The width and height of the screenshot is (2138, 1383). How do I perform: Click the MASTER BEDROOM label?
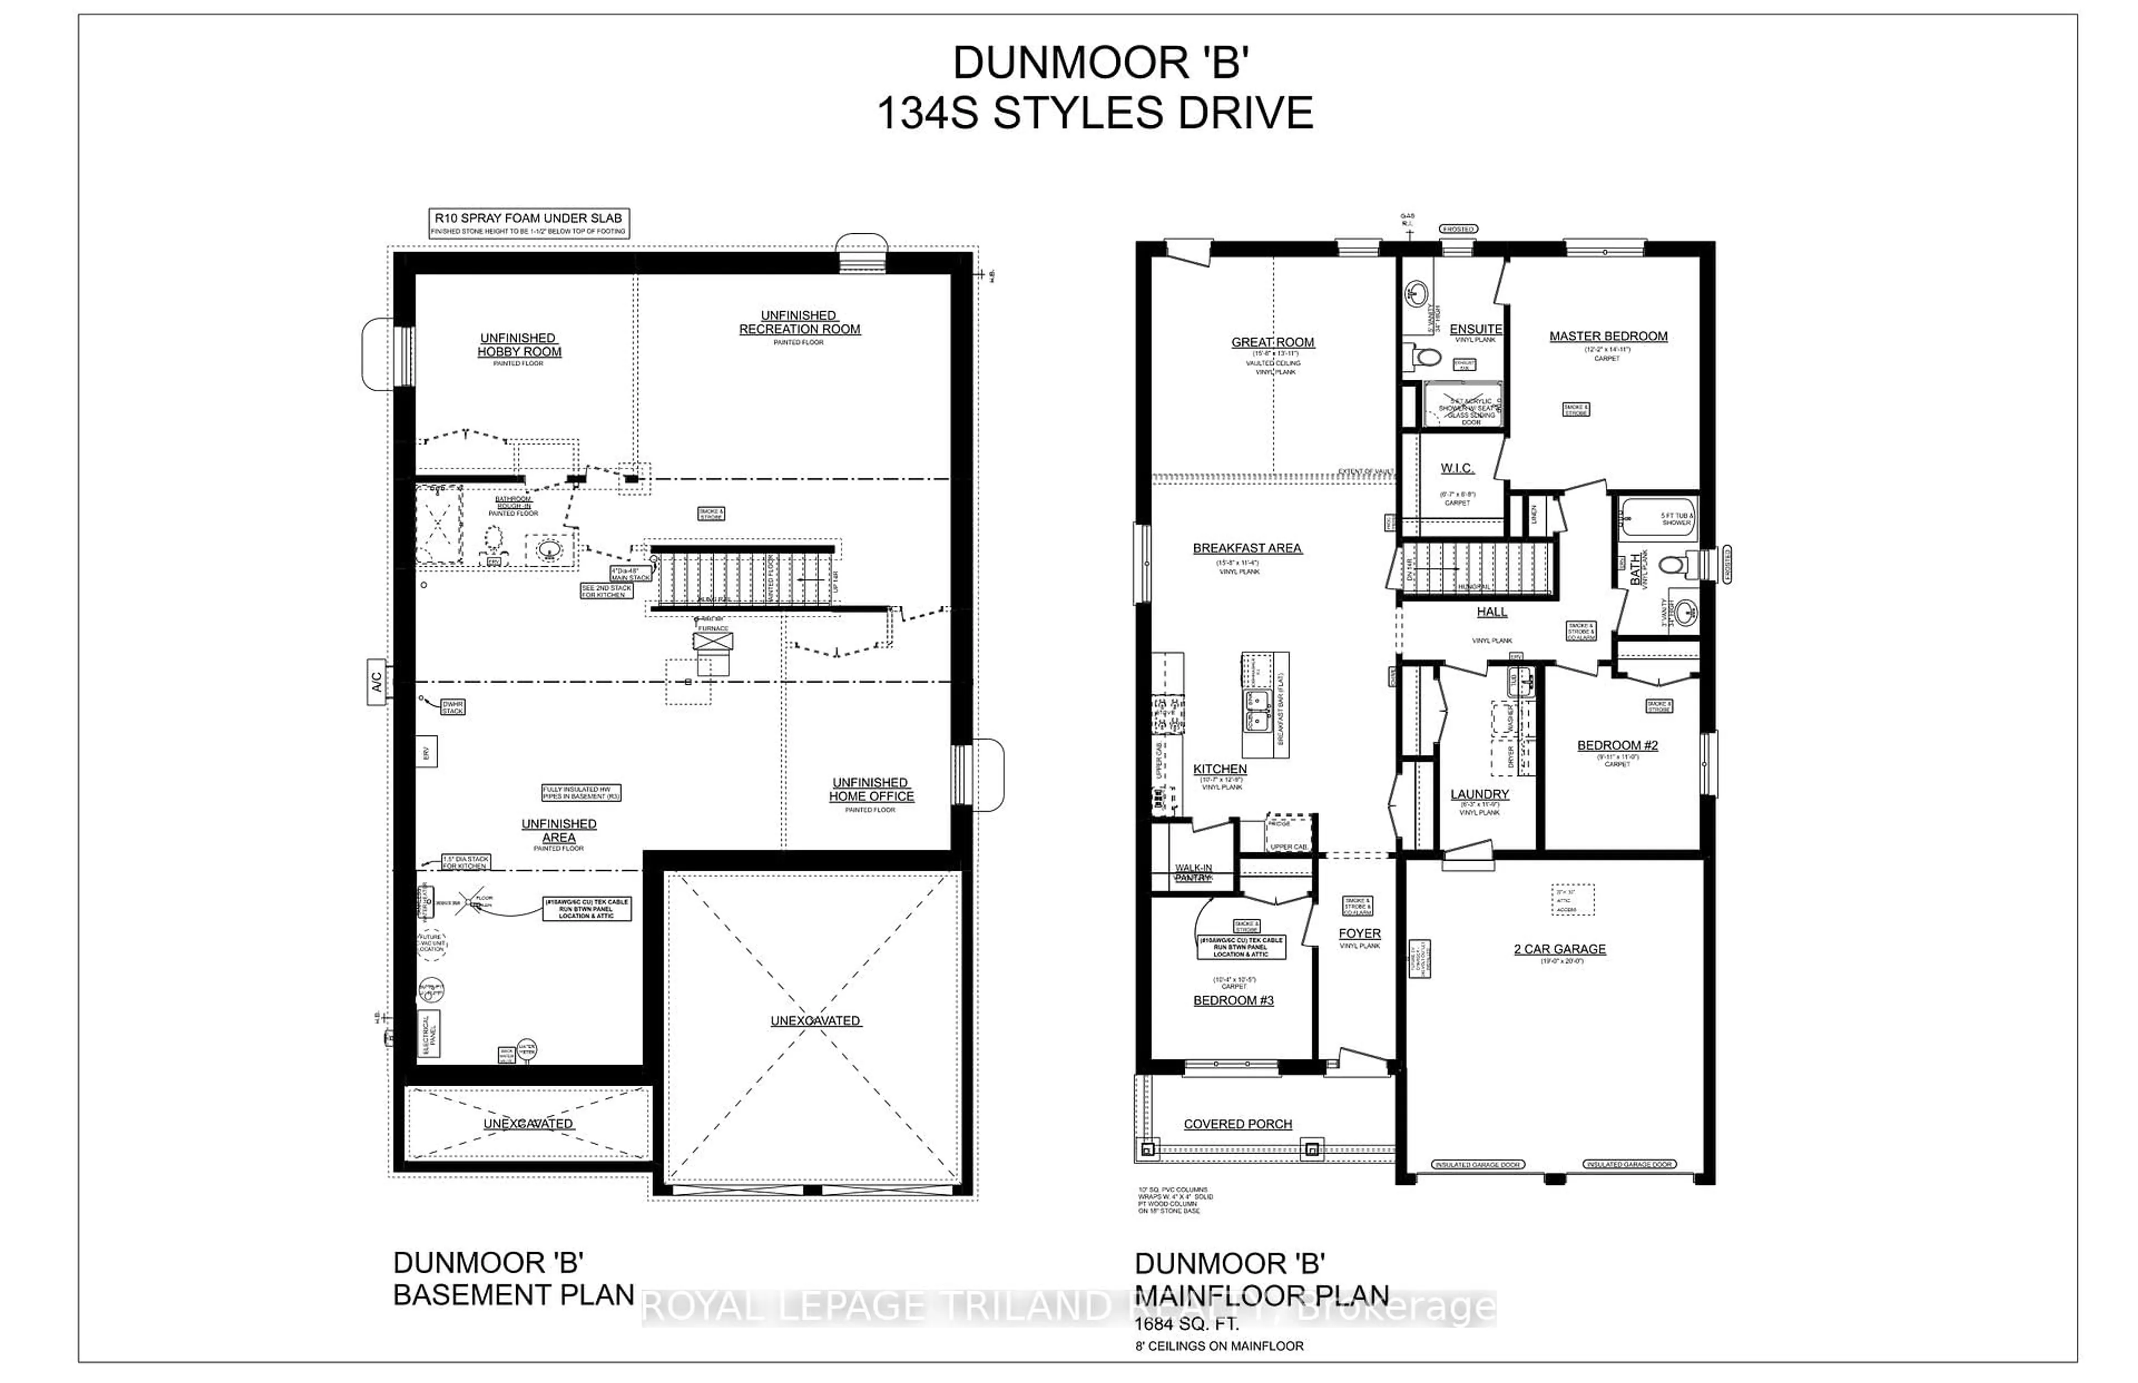[x=1607, y=336]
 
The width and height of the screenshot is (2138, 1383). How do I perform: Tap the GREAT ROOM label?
[x=1272, y=342]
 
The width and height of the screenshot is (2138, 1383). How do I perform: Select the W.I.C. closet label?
[x=1457, y=468]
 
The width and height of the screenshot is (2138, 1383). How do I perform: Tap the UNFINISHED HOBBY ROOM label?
[x=519, y=345]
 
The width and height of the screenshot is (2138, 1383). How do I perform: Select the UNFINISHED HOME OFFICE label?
[x=870, y=789]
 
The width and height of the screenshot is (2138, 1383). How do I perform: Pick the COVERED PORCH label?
[x=1237, y=1124]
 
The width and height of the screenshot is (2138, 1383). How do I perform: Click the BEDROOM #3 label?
[x=1233, y=1001]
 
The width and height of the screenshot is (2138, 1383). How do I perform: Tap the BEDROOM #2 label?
[x=1617, y=746]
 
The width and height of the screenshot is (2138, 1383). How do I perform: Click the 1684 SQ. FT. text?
[x=1186, y=1325]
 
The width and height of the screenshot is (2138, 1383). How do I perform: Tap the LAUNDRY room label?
[x=1479, y=794]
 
